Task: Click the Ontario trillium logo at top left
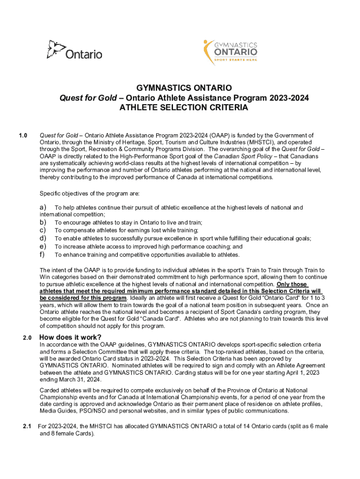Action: coord(74,50)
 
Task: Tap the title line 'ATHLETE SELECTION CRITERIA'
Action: coord(184,108)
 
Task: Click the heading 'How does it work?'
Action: coord(70,338)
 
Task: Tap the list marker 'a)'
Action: coord(43,207)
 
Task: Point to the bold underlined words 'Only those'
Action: coord(292,284)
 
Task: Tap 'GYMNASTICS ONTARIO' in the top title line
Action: coord(184,88)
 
